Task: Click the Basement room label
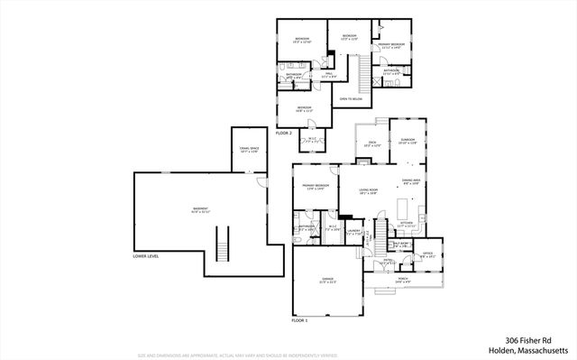click(x=200, y=211)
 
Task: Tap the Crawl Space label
click(x=249, y=149)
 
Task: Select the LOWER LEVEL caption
click(x=146, y=256)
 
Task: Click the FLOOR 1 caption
click(x=299, y=320)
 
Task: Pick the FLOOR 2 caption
click(x=284, y=133)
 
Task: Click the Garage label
click(x=328, y=282)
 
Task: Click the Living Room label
click(x=368, y=191)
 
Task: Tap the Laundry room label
click(x=353, y=232)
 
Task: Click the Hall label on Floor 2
click(x=329, y=76)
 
